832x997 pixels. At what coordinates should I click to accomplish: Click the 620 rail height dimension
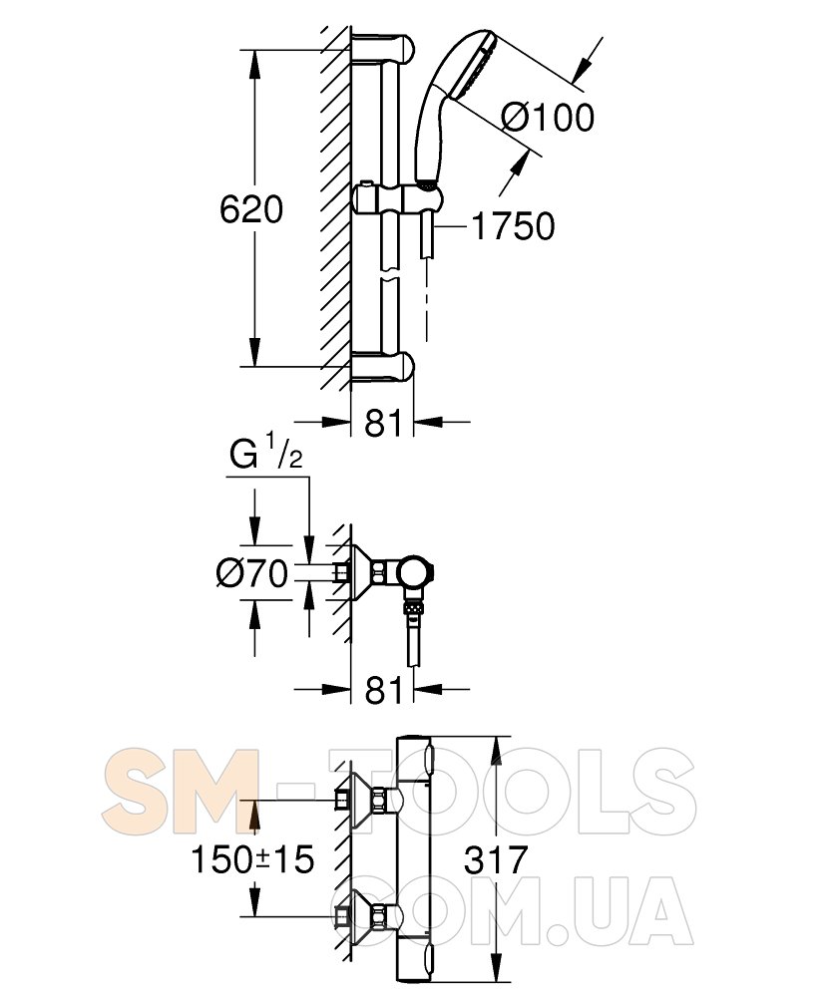pyautogui.click(x=251, y=209)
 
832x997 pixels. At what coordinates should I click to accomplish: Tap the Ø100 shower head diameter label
pyautogui.click(x=548, y=119)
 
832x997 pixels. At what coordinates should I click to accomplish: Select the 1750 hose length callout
pyautogui.click(x=514, y=226)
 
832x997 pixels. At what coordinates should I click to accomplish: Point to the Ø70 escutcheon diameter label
pyautogui.click(x=251, y=573)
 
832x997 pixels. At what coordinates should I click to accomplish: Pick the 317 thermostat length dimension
pyautogui.click(x=496, y=859)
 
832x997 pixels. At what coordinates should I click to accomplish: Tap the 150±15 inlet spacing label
pyautogui.click(x=252, y=859)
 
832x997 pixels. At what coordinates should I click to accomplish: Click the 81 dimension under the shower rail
pyautogui.click(x=383, y=423)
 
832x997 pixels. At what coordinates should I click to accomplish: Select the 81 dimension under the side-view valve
pyautogui.click(x=383, y=690)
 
